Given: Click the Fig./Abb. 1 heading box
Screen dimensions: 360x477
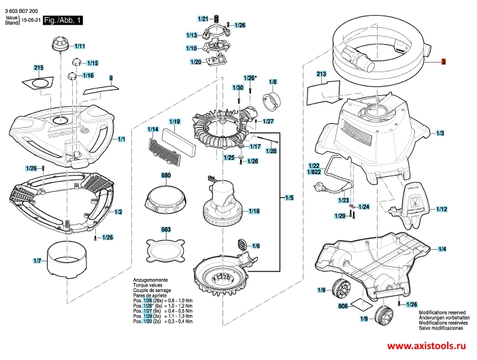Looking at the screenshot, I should [x=63, y=21].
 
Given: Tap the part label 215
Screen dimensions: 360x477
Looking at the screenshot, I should [x=38, y=68].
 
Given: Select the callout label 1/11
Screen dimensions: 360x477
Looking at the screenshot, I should [x=79, y=46].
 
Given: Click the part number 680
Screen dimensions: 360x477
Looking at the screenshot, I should [x=165, y=176].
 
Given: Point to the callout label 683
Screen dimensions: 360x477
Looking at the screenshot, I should [x=165, y=229].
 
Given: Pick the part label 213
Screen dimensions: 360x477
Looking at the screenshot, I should [x=322, y=73].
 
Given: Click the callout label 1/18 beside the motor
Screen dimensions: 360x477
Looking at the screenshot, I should [x=254, y=212].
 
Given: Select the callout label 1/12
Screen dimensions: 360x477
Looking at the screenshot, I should [x=442, y=209].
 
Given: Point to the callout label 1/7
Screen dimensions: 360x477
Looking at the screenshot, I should [x=37, y=261].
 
